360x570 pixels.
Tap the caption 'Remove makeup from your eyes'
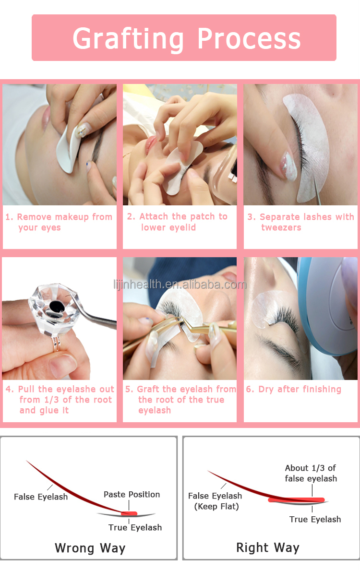coord(59,222)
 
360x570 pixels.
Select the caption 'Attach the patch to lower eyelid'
coord(178,222)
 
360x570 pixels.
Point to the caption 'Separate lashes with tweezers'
coord(301,222)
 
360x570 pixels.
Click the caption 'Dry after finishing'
coord(294,389)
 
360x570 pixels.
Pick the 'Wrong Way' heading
coord(90,548)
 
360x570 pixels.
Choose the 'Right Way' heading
coord(268,548)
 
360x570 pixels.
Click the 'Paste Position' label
coord(132,495)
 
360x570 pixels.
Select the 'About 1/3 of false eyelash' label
coord(311,473)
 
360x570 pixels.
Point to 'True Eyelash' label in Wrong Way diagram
coord(135,527)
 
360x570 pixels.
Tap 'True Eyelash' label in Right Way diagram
coord(315,519)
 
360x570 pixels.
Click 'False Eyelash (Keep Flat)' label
coord(215,500)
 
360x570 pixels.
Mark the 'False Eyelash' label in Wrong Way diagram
coord(41,497)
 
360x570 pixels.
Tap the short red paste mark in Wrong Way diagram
coord(129,513)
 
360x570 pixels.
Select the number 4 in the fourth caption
coord(9,389)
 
